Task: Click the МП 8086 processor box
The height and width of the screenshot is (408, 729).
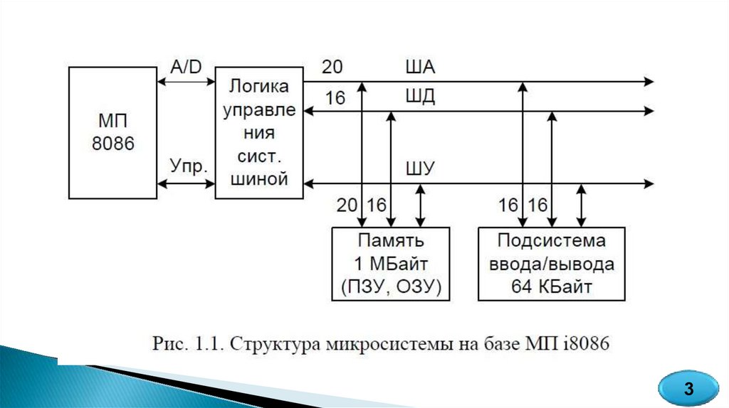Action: pos(112,132)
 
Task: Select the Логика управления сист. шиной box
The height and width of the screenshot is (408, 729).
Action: pos(258,132)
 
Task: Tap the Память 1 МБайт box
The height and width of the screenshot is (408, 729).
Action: pos(391,264)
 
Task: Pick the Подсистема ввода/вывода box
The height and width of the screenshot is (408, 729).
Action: pos(552,264)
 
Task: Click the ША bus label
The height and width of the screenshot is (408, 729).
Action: pos(420,68)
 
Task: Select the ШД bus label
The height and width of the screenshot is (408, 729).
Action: pos(420,97)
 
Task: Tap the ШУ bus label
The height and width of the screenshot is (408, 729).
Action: pos(420,169)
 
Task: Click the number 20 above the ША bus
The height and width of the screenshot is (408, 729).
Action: pos(332,67)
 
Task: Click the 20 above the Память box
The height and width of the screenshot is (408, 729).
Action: pos(347,205)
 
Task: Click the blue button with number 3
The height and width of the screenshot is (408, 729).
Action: pos(688,389)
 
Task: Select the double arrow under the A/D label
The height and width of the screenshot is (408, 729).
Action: pos(186,82)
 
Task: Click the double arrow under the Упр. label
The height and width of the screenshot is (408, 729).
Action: pos(186,183)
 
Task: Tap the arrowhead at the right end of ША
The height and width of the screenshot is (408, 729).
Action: pos(648,82)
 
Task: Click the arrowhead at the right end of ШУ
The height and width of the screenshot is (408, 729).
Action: pos(648,183)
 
